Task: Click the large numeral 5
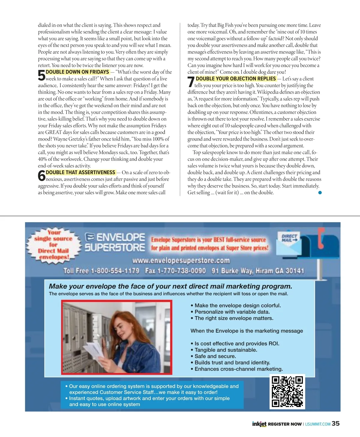click(x=41, y=75)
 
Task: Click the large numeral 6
click(x=41, y=176)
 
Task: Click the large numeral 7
click(x=191, y=82)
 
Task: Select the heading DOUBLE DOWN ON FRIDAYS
click(x=77, y=72)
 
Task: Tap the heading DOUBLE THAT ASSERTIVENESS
click(x=80, y=172)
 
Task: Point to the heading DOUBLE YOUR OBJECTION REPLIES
click(x=236, y=79)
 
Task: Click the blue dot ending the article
click(x=320, y=193)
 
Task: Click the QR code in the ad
click(x=287, y=391)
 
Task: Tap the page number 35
click(x=336, y=424)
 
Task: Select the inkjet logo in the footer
click(x=259, y=424)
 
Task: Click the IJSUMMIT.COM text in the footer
click(x=318, y=424)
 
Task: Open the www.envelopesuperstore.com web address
click(x=181, y=260)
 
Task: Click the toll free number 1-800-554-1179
click(x=115, y=271)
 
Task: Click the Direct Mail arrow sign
click(x=289, y=238)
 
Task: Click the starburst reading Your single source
click(x=54, y=245)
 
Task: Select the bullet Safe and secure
click(x=215, y=356)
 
